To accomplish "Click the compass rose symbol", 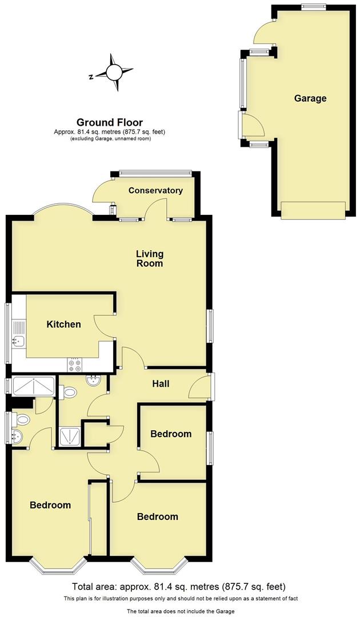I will tap(114, 73).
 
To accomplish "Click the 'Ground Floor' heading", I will tap(110, 122).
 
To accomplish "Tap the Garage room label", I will tap(310, 98).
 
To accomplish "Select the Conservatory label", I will tap(155, 190).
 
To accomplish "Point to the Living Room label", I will tap(149, 258).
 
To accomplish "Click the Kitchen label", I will tap(63, 324).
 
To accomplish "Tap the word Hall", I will tap(161, 384).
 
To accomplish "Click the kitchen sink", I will tap(18, 342).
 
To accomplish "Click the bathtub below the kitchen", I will tap(32, 386).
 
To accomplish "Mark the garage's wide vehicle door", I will tap(313, 210).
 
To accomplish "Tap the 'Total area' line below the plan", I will tap(179, 587).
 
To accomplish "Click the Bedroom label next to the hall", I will tap(171, 434).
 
